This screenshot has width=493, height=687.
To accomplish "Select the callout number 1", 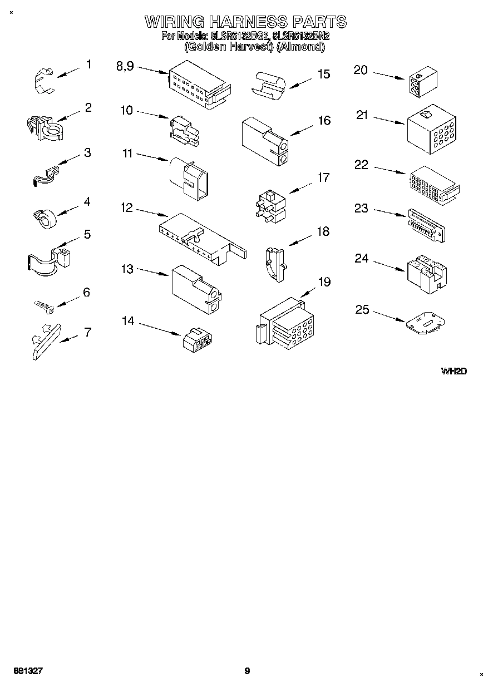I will pyautogui.click(x=88, y=65).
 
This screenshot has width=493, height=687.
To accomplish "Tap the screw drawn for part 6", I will pyautogui.click(x=44, y=305).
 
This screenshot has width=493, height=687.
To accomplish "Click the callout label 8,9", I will pyautogui.click(x=125, y=66).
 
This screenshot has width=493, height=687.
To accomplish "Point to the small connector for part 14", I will pyautogui.click(x=196, y=339).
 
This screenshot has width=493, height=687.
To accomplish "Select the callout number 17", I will pyautogui.click(x=323, y=178).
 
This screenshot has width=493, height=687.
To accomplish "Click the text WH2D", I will pyautogui.click(x=453, y=371).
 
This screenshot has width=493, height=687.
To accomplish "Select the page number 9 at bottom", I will pyautogui.click(x=247, y=671).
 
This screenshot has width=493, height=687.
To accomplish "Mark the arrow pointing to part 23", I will pyautogui.click(x=390, y=214).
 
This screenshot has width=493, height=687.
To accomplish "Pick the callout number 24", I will pyautogui.click(x=362, y=259).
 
